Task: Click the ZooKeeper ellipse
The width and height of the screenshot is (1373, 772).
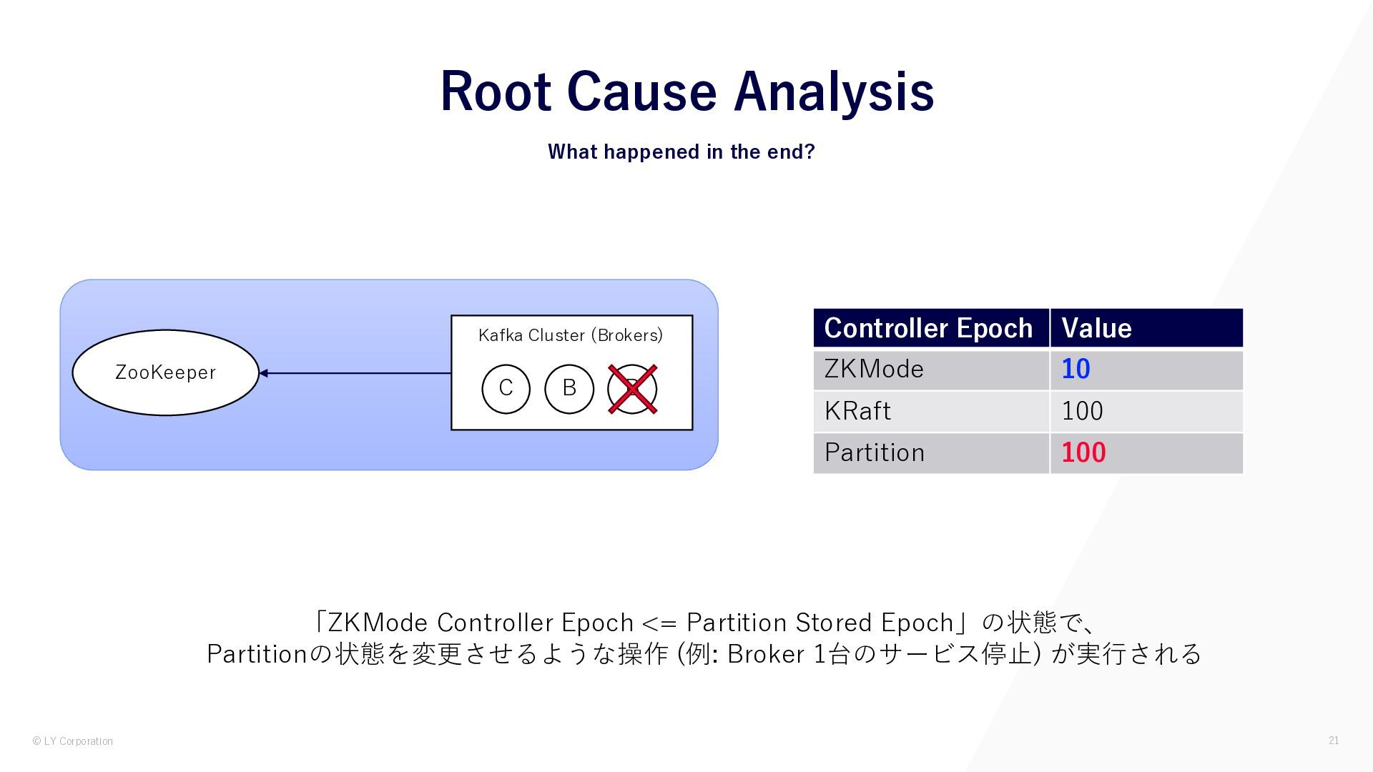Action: coord(165,372)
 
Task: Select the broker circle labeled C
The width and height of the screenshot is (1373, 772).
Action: coord(506,389)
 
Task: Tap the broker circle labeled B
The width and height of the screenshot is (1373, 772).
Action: coord(569,389)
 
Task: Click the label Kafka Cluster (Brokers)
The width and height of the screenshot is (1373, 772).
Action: coord(571,335)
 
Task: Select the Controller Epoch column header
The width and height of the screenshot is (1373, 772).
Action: coord(928,328)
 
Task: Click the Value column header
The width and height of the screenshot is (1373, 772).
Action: coord(1096,328)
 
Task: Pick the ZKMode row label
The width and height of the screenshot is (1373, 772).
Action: coord(874,370)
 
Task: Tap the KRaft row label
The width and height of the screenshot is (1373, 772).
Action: coord(857,411)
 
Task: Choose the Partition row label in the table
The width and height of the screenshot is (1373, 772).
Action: coord(875,452)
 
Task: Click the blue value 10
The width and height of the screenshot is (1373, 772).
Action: coord(1076,370)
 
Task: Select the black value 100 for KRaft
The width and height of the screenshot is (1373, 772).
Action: coord(1082,411)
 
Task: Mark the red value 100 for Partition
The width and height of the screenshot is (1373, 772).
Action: coord(1083,452)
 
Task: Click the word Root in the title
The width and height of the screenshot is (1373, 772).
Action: coord(495,91)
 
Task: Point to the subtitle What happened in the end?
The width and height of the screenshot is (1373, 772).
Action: coord(681,152)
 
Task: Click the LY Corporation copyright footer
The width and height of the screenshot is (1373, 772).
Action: coord(73,741)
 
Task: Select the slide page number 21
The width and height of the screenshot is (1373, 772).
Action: coord(1334,741)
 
